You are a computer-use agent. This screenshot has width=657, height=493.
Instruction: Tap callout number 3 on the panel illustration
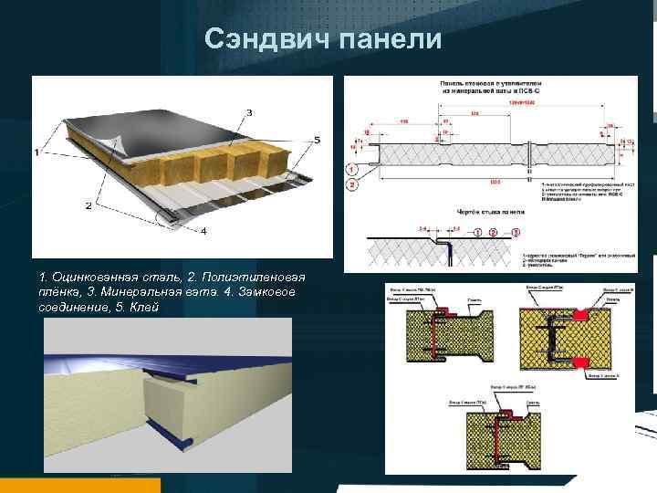[248, 112]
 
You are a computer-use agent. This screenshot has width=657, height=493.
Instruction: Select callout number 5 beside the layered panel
[316, 140]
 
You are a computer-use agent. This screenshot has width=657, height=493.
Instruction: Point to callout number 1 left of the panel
[37, 152]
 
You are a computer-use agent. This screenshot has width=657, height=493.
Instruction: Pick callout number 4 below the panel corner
[203, 231]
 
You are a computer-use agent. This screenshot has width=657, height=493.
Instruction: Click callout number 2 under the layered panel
[89, 206]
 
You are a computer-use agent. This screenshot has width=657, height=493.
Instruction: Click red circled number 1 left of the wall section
[351, 169]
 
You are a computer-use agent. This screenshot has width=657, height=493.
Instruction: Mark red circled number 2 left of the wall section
[351, 185]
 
